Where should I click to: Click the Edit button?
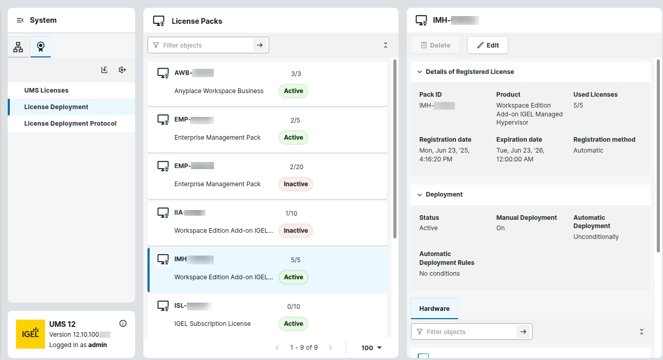(x=488, y=45)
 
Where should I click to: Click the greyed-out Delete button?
(x=435, y=45)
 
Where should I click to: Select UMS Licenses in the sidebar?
(x=47, y=91)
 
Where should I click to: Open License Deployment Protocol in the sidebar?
(x=70, y=124)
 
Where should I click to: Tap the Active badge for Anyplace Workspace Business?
(x=293, y=91)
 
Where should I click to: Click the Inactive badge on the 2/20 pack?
(x=296, y=184)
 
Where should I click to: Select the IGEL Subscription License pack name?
(x=212, y=324)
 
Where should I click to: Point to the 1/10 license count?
(x=291, y=213)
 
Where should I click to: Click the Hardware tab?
(x=434, y=309)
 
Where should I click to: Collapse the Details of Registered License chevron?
(x=420, y=72)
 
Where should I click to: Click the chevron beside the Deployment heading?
(x=420, y=194)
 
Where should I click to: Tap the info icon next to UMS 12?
(x=123, y=324)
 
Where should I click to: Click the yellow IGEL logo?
(x=31, y=334)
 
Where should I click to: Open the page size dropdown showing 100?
(x=372, y=348)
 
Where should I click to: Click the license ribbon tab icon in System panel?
(x=40, y=47)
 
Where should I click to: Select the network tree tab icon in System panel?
(x=18, y=47)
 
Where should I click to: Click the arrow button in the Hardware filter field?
(x=523, y=332)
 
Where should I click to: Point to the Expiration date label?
(x=519, y=140)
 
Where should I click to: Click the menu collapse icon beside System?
(x=20, y=20)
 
